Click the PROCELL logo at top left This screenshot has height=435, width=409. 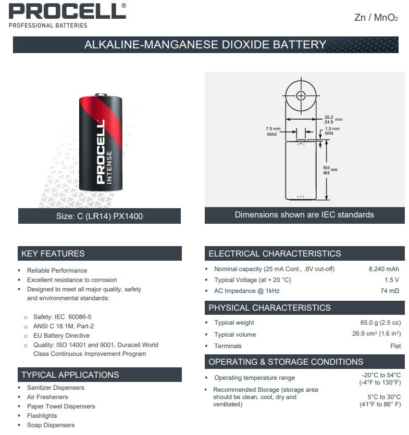pyautogui.click(x=67, y=11)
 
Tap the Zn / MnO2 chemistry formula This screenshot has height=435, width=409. pyautogui.click(x=376, y=18)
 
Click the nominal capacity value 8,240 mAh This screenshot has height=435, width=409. pyautogui.click(x=383, y=269)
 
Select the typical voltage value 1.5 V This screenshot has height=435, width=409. pyautogui.click(x=392, y=280)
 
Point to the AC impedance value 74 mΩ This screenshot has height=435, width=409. pyautogui.click(x=390, y=291)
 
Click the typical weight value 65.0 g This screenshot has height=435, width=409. pyautogui.click(x=380, y=323)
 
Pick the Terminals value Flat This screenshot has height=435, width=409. pyautogui.click(x=395, y=346)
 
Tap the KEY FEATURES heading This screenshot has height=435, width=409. pyautogui.click(x=53, y=254)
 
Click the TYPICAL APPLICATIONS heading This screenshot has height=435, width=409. pyautogui.click(x=70, y=375)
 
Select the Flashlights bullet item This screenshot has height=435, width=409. pyautogui.click(x=42, y=416)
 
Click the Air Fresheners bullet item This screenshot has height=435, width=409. pyautogui.click(x=47, y=397)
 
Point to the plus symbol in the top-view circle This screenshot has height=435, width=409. pyautogui.click(x=302, y=95)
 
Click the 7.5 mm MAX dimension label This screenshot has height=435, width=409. pyautogui.click(x=272, y=131)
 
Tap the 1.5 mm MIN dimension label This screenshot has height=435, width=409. pyautogui.click(x=332, y=131)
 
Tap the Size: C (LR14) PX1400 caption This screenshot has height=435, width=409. pyautogui.click(x=99, y=216)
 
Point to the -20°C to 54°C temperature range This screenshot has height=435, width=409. pyautogui.click(x=381, y=375)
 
